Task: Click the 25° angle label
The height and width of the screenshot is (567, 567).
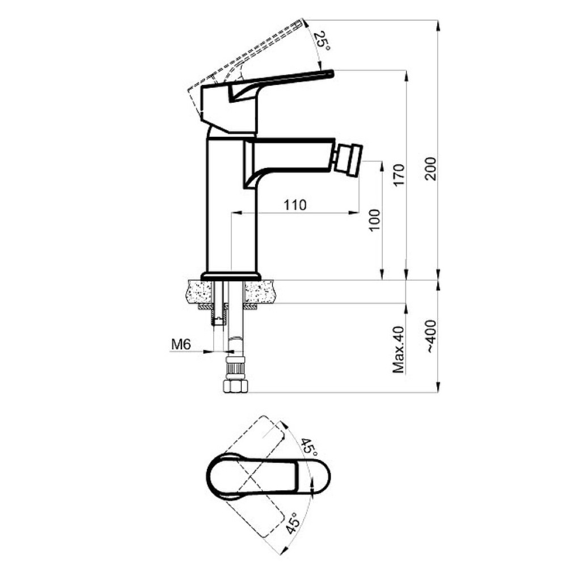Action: [x=322, y=41]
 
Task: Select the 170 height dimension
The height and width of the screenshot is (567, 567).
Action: [x=399, y=175]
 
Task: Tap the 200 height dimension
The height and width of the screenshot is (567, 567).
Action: [x=431, y=168]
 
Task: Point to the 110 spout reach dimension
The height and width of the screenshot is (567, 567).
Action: [x=295, y=205]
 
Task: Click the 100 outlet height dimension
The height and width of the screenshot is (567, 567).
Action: [x=375, y=220]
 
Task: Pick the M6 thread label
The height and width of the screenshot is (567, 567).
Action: [x=181, y=345]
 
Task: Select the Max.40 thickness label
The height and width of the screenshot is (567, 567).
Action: [x=399, y=350]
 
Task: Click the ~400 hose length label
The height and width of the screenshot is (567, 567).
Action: [x=431, y=336]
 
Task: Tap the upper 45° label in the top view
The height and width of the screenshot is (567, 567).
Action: [x=310, y=447]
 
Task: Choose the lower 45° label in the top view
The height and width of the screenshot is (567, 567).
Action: [x=293, y=523]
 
